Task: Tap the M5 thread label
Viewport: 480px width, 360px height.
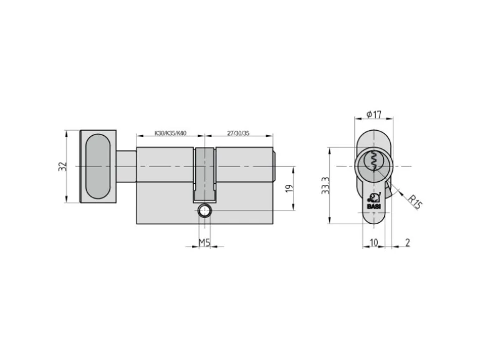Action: (204, 242)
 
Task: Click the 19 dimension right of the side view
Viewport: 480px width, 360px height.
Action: (288, 189)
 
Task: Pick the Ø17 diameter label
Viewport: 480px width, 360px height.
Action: (374, 115)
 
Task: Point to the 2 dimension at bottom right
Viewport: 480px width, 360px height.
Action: (406, 242)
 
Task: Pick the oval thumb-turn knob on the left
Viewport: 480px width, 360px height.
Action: (97, 166)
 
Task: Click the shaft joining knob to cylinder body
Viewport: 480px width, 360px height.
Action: (126, 166)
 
